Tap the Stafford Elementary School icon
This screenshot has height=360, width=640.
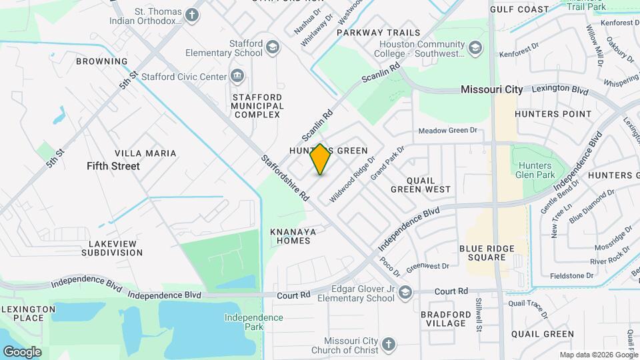272,47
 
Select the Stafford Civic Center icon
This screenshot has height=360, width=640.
237,76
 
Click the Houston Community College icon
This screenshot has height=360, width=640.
475,47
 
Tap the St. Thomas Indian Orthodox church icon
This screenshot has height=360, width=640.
192,15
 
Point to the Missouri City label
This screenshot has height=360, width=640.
492,89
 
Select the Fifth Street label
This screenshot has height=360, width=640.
113,166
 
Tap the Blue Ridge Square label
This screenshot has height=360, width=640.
487,253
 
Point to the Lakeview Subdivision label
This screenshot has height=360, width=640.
112,248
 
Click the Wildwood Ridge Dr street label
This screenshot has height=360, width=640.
353,179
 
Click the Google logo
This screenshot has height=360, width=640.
22,351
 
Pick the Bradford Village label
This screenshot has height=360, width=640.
443,319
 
